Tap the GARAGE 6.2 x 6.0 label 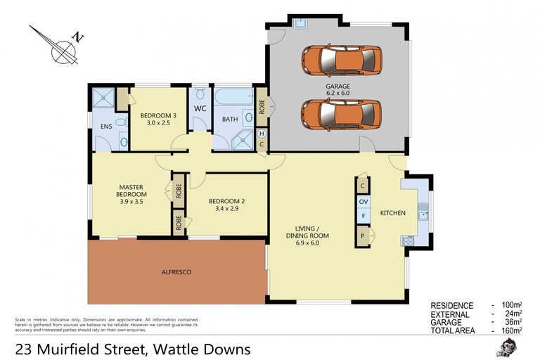coord(337,91)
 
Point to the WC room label coord(199,108)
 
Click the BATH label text coord(230,119)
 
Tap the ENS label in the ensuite coord(106,127)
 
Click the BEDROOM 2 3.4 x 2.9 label coord(226,204)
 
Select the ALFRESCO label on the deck coord(176,271)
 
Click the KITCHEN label coord(393,212)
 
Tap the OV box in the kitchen coord(364,202)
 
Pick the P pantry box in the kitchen coord(364,236)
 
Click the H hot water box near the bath coord(262,134)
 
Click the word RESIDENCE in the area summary coord(451,305)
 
